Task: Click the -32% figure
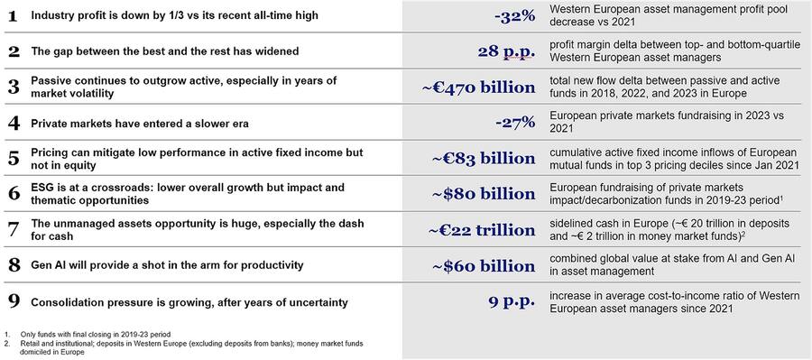pos(515,17)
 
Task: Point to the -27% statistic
pos(515,123)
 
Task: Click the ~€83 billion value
pos(484,159)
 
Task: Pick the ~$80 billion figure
pos(484,194)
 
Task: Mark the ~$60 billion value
pos(484,266)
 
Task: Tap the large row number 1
pos(13,17)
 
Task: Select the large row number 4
pos(13,123)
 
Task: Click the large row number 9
pos(13,301)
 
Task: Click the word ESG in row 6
pos(43,188)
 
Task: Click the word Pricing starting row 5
pos(51,152)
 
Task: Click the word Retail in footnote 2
pos(28,345)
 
